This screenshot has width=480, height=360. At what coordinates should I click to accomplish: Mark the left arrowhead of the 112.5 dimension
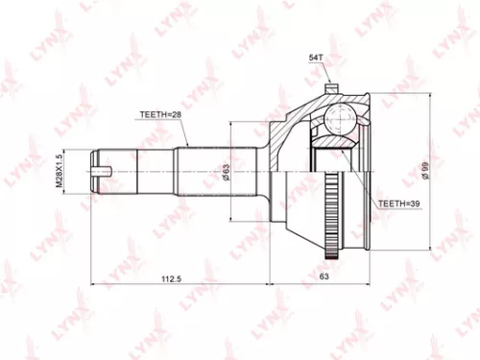(93, 285)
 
